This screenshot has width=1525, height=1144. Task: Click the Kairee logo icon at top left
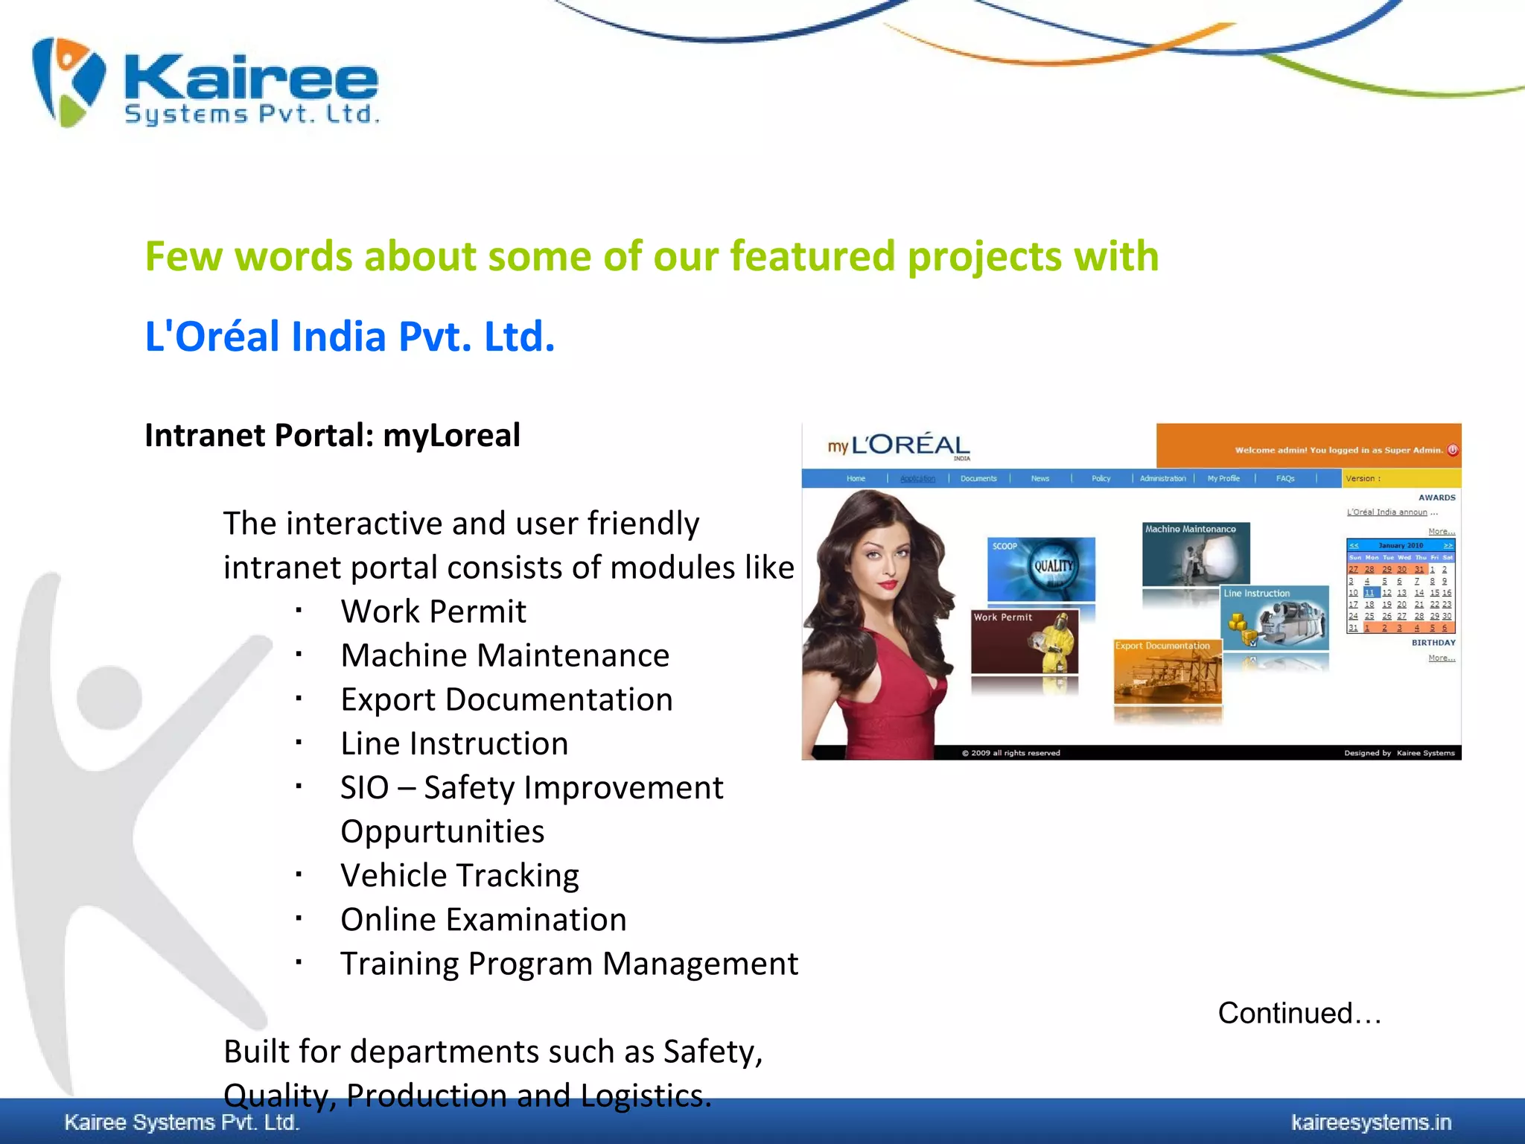click(x=69, y=82)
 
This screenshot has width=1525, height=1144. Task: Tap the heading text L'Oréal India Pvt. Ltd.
click(x=350, y=336)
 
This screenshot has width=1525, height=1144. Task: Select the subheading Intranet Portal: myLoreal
click(x=332, y=435)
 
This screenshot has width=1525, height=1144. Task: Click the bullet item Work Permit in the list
click(x=433, y=611)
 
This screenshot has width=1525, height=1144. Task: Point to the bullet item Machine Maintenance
click(x=505, y=655)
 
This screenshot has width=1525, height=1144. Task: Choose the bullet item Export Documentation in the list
click(x=506, y=699)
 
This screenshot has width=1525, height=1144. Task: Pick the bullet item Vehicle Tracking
click(x=459, y=875)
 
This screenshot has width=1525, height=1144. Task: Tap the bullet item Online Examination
click(x=483, y=919)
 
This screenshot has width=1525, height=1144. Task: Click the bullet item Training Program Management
click(x=569, y=963)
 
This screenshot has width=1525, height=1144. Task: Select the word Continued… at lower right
click(x=1299, y=1013)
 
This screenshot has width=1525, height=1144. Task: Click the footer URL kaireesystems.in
click(x=1371, y=1122)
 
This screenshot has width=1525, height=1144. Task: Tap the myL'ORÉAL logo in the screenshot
click(x=900, y=445)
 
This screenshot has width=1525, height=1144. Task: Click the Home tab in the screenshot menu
click(x=856, y=478)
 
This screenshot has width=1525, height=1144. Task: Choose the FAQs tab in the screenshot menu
click(x=1285, y=478)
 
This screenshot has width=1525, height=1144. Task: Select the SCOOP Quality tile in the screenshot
click(x=1041, y=568)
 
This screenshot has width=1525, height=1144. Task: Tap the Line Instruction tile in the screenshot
click(x=1275, y=618)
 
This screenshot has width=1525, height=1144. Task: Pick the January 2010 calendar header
click(x=1400, y=545)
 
